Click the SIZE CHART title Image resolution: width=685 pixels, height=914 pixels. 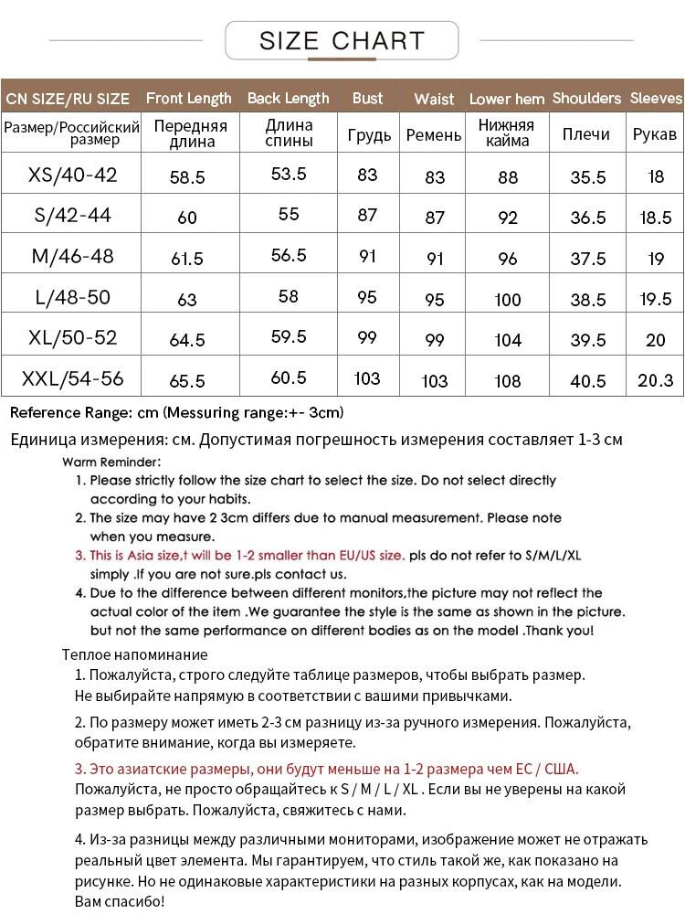342,40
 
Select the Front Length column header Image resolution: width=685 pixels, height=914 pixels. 189,98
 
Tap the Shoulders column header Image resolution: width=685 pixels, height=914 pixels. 586,98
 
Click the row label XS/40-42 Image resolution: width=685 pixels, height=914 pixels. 73,175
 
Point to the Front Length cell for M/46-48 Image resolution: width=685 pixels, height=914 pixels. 187,259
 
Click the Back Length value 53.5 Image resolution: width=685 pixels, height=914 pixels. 289,174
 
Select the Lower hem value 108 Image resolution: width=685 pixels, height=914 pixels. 508,381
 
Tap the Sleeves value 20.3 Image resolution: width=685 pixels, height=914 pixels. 656,380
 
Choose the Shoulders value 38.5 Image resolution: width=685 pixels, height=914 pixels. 588,300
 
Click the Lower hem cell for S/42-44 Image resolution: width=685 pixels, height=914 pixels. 508,218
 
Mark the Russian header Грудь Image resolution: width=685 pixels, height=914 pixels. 369,134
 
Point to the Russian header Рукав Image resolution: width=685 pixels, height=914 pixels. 655,134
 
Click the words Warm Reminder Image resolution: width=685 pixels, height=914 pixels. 112,462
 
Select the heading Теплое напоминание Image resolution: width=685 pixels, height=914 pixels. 134,654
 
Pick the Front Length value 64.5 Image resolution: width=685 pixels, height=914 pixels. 187,340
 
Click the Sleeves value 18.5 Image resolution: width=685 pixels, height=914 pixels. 656,218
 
